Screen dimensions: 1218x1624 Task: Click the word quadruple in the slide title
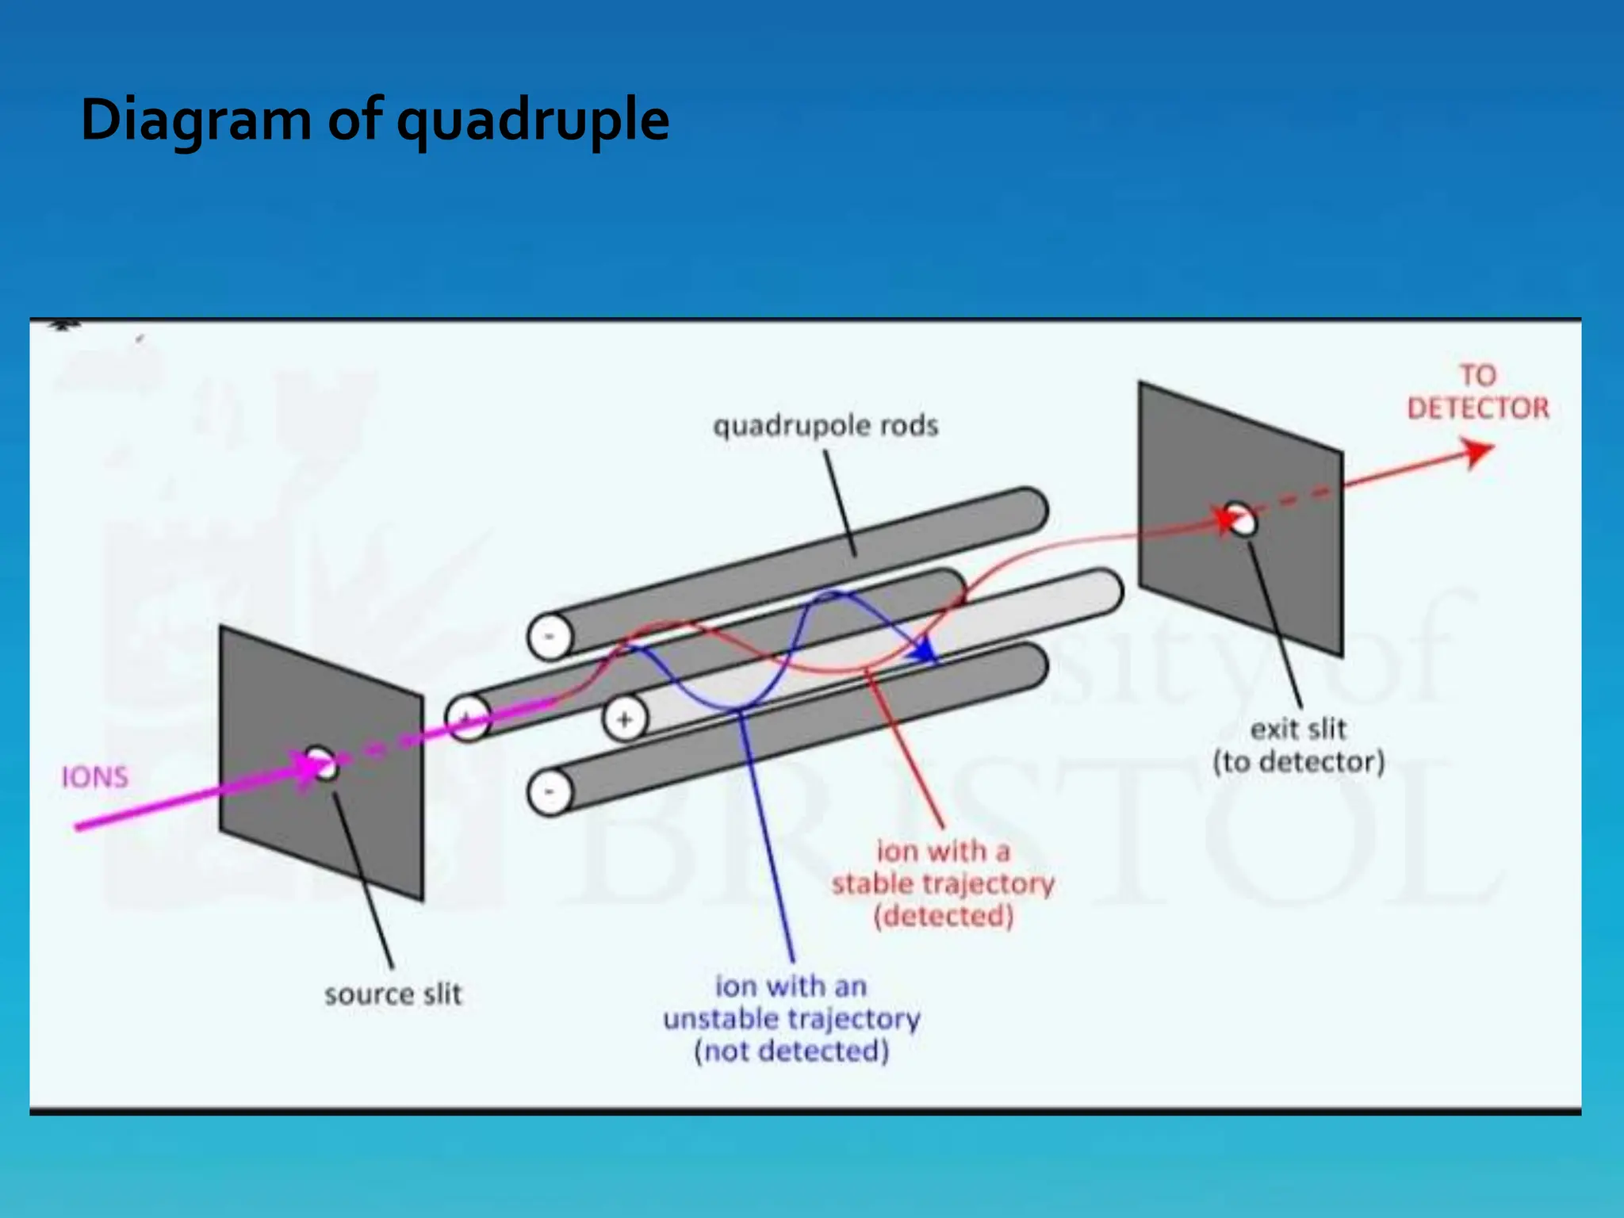[x=533, y=121]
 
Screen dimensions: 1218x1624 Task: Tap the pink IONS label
[x=94, y=777]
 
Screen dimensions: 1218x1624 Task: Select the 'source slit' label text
[x=393, y=994]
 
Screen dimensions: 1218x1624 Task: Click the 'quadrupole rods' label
[x=825, y=426]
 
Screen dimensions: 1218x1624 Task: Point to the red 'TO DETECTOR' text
[x=1477, y=393]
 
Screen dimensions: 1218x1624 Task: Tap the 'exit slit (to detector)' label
[x=1298, y=745]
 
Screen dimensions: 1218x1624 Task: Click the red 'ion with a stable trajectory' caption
[x=943, y=883]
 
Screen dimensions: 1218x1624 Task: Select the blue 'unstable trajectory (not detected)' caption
[x=791, y=1019]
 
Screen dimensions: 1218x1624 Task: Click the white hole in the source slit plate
[x=322, y=763]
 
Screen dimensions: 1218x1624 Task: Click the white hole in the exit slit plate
[x=1242, y=519]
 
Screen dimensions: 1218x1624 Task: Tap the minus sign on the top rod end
[x=549, y=637]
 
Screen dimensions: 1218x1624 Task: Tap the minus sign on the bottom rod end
[x=549, y=792]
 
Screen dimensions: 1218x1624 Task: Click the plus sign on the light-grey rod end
[x=625, y=720]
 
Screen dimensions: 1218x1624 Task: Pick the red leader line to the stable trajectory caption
[x=904, y=745]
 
